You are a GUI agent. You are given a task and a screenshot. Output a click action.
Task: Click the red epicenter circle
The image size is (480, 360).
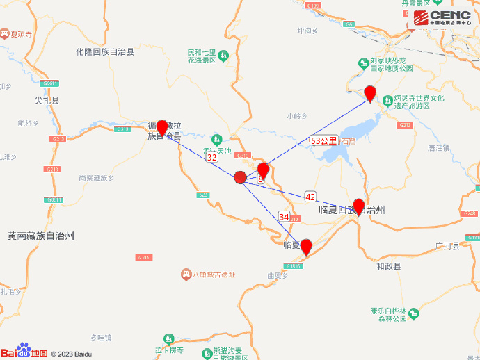(x=240, y=178)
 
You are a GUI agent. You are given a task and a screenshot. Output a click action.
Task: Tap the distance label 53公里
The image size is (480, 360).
(x=323, y=140)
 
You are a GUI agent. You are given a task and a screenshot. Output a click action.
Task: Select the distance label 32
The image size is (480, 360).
(x=212, y=158)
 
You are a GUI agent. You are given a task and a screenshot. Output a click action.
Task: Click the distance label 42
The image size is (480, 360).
(x=310, y=197)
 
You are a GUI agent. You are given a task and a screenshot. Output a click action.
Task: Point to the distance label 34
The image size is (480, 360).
(x=284, y=216)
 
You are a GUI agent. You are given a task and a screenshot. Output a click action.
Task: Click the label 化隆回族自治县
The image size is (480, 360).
(x=105, y=51)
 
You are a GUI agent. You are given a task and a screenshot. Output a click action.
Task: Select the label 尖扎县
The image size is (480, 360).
(x=47, y=101)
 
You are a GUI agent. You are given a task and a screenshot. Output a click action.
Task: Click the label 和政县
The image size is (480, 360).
(x=388, y=266)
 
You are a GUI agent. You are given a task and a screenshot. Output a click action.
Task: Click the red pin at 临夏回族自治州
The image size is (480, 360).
(x=359, y=206)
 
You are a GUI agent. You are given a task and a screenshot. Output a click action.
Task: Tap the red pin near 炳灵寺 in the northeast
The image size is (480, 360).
(x=371, y=92)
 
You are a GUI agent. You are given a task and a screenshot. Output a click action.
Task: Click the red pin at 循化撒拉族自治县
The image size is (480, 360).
(x=162, y=127)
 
